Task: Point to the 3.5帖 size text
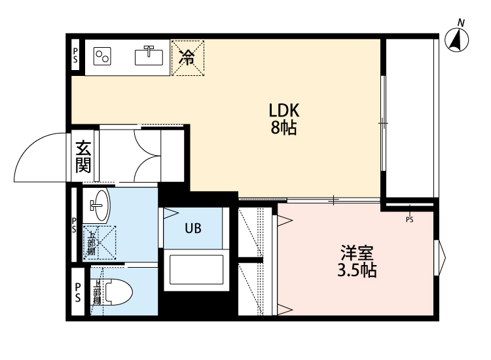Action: click(x=357, y=269)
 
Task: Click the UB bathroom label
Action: click(x=192, y=228)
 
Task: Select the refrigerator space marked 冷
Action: click(x=187, y=58)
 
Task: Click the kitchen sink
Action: click(x=150, y=56)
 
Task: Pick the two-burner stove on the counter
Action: click(x=103, y=56)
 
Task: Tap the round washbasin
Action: click(x=100, y=206)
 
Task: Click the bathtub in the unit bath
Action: click(x=197, y=269)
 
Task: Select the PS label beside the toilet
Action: click(x=77, y=292)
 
